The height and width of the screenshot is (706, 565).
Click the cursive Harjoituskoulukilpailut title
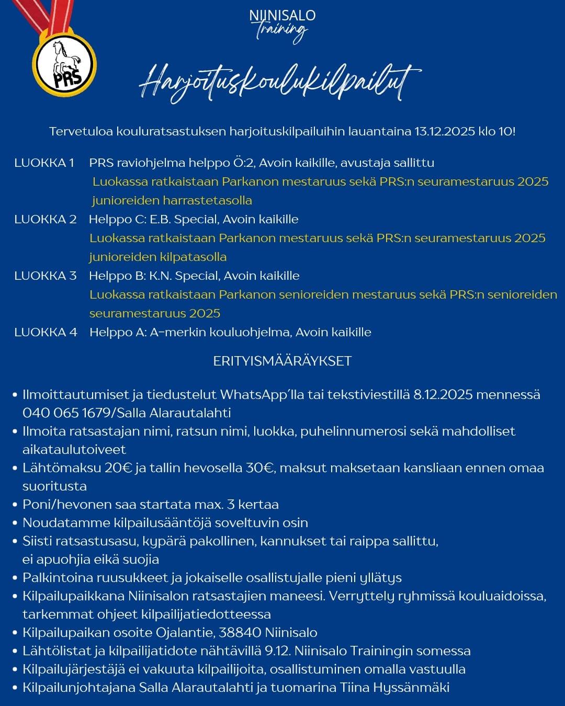(280, 84)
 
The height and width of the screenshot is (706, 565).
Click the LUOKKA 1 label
(44, 163)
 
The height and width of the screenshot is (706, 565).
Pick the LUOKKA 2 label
(45, 219)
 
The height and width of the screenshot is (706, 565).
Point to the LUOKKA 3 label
(45, 276)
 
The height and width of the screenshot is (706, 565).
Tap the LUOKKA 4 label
(45, 332)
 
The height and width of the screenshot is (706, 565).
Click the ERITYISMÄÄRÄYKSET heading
(282, 361)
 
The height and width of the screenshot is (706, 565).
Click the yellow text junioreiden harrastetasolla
(172, 200)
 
